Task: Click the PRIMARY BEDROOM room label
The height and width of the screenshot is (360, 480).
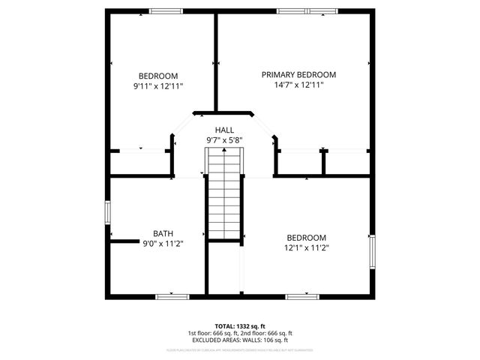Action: [x=298, y=75]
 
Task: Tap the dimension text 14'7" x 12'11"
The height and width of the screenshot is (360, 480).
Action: [x=298, y=85]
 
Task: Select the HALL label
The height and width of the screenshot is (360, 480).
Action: [x=224, y=130]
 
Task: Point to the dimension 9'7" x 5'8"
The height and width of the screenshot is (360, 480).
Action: [x=224, y=140]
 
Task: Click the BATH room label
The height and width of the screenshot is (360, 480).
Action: [x=163, y=232]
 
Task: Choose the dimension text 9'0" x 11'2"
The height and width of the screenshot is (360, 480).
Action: [x=163, y=243]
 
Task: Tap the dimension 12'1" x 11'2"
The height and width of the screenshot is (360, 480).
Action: [x=306, y=247]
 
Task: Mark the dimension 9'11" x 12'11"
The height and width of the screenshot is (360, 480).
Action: [x=158, y=86]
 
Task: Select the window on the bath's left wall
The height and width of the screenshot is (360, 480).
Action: [x=107, y=212]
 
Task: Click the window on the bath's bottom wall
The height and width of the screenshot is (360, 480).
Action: [x=171, y=296]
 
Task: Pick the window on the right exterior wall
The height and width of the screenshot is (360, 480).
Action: [x=371, y=251]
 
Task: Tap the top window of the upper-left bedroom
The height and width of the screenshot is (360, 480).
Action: [x=166, y=10]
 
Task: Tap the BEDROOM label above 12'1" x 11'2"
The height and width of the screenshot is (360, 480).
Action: [x=306, y=237]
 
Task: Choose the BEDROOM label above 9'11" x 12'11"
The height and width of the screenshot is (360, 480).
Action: [x=158, y=76]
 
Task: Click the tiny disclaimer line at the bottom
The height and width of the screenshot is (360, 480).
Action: [x=239, y=349]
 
